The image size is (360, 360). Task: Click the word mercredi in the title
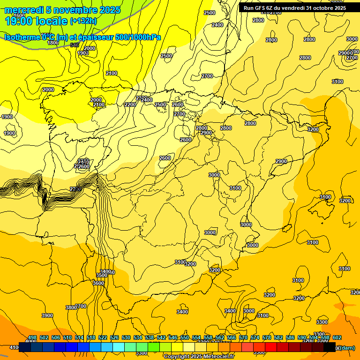click(23, 10)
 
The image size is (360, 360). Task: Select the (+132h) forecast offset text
click(83, 21)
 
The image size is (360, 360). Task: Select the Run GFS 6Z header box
click(295, 7)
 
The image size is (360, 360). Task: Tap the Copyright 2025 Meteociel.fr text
click(199, 356)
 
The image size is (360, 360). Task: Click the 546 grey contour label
click(75, 45)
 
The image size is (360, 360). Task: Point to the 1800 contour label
click(53, 43)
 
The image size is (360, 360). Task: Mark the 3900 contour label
click(47, 315)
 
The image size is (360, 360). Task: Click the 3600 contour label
click(98, 283)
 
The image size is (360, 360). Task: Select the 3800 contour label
click(71, 307)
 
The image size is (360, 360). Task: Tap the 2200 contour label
click(130, 105)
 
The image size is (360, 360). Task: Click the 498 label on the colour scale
click(32, 337)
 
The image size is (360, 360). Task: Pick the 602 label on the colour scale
click(337, 337)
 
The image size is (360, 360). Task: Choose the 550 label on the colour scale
click(185, 337)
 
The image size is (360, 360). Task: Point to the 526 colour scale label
click(114, 337)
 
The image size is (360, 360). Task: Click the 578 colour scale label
click(267, 337)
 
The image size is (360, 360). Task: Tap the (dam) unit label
click(347, 348)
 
